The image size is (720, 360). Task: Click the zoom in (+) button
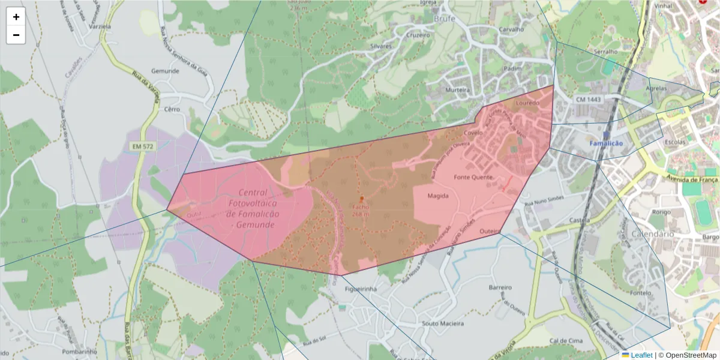16,17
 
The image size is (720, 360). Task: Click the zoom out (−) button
16,35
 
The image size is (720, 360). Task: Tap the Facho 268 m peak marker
361,199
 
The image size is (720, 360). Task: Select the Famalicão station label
607,144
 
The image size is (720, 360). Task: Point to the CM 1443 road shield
587,98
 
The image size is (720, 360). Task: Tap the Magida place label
438,196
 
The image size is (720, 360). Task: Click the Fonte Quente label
473,178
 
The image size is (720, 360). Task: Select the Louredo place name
527,103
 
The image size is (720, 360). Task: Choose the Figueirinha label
361,289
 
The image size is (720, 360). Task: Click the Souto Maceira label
443,324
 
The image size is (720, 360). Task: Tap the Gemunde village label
165,71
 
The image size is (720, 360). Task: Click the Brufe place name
445,19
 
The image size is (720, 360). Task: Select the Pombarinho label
79,351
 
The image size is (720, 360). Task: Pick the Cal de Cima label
566,341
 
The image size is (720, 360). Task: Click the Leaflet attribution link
641,355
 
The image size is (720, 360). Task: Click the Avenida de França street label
692,179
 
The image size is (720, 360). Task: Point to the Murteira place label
457,90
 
